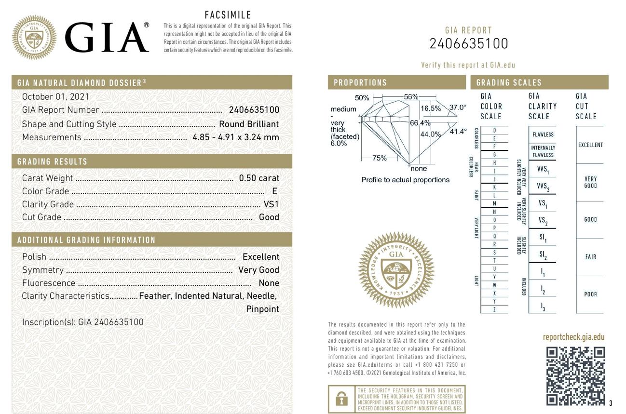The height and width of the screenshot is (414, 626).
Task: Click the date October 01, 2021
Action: click(55, 97)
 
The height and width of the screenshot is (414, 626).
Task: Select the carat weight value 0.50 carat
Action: click(259, 178)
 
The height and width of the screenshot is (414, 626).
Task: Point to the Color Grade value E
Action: click(274, 191)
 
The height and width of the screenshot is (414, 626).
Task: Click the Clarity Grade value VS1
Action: click(271, 204)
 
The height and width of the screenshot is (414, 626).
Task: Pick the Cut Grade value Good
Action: click(269, 217)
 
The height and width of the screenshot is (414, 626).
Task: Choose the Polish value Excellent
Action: click(260, 257)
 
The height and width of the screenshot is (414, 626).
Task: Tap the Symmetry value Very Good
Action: click(259, 270)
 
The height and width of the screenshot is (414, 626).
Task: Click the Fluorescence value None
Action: click(269, 283)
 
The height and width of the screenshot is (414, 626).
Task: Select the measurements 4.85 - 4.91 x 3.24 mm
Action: click(235, 137)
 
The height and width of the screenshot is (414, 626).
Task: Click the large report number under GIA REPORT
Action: click(468, 44)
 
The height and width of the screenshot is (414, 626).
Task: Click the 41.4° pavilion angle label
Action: click(458, 131)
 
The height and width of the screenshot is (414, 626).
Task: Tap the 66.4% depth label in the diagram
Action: click(420, 122)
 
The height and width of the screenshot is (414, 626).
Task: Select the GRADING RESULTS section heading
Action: click(53, 161)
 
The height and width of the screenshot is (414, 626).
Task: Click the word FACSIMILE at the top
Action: click(228, 16)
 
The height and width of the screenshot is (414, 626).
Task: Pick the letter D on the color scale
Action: click(494, 131)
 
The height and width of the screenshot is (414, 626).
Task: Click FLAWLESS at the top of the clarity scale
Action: click(543, 134)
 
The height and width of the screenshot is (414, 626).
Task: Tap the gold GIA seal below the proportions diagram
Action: click(396, 270)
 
